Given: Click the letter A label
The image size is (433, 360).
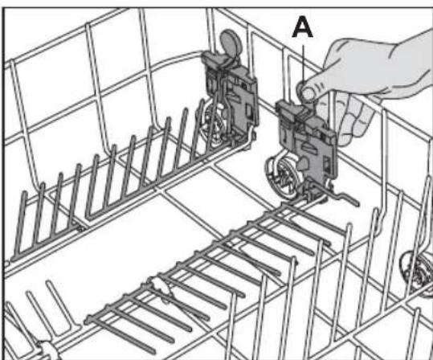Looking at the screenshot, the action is (303, 27).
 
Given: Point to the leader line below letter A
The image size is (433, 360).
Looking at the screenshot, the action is (303, 63).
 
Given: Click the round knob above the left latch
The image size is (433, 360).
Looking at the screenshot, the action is (231, 42).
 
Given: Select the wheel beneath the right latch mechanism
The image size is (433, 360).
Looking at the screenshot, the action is (282, 176).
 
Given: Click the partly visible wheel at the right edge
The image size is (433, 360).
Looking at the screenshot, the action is (417, 273).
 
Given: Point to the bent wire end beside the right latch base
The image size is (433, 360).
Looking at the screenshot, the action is (345, 198).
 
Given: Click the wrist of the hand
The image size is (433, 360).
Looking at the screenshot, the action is (415, 63).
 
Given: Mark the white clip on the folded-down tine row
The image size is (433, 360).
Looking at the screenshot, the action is (161, 288).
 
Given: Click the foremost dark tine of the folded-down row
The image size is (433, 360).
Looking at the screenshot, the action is (121, 335).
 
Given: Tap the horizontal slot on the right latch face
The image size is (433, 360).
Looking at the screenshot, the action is (309, 146).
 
